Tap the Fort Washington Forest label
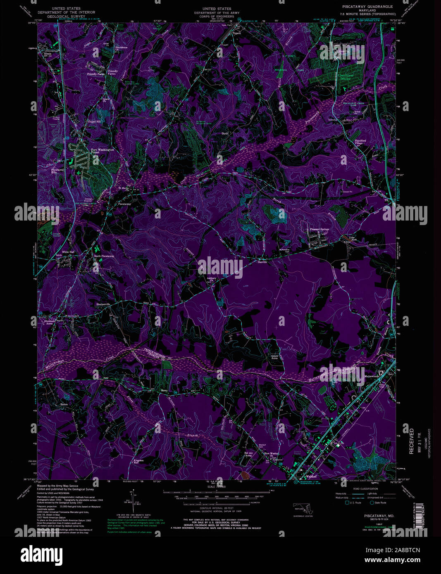[x=102, y=151]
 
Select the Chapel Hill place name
[x=94, y=122]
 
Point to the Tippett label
[x=236, y=33]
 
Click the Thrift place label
[x=224, y=134]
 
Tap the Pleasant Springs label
[x=319, y=229]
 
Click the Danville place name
[x=262, y=262]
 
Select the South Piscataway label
[x=104, y=256]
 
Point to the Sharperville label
[x=103, y=304]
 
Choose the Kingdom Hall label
[x=138, y=462]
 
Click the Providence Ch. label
[x=121, y=48]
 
